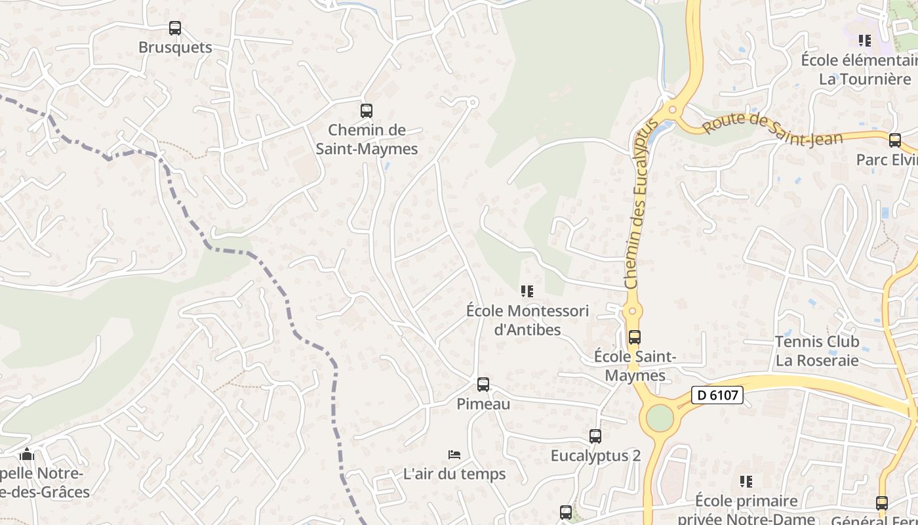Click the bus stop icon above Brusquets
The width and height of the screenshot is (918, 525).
[x=175, y=28]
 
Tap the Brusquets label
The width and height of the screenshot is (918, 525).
[x=175, y=47]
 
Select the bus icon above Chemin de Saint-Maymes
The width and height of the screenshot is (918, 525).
[x=367, y=111]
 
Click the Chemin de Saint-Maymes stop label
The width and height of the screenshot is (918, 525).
[x=367, y=139]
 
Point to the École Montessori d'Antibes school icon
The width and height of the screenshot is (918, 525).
[x=527, y=291]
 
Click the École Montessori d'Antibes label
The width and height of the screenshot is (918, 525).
[x=527, y=320]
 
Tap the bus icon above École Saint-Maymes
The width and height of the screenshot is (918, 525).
[x=634, y=337]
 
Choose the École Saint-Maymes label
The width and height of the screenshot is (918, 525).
[x=635, y=366]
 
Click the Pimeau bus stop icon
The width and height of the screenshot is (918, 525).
[x=483, y=385]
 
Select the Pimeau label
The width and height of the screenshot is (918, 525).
[x=483, y=404]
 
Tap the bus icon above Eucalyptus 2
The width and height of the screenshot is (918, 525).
[x=595, y=436]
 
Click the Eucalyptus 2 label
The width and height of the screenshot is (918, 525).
[x=595, y=455]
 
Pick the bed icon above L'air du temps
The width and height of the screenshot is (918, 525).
[x=454, y=454]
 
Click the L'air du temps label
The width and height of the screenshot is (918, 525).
[x=454, y=474]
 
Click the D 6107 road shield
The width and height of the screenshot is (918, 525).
[x=717, y=395]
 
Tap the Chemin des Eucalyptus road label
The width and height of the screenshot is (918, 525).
[x=641, y=203]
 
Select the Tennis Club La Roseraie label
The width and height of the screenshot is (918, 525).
[x=817, y=351]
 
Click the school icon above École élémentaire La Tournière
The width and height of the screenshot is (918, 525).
[x=866, y=41]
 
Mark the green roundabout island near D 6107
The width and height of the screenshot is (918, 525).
[x=660, y=418]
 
